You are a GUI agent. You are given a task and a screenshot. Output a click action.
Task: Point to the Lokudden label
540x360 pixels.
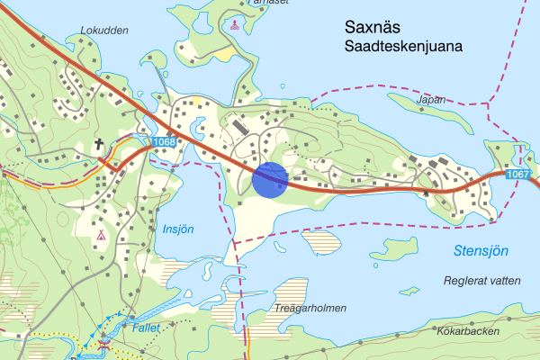coord(104,30)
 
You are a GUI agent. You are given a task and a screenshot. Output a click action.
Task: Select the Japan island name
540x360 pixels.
coord(432,100)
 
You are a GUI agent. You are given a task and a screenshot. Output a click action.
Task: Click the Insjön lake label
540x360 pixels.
coord(178,229)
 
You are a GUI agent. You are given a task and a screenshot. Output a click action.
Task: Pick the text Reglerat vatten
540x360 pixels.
coord(482,281)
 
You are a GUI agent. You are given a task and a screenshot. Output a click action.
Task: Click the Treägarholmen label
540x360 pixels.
coord(310,308)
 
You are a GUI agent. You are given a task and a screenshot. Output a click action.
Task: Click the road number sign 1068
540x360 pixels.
coord(163,141)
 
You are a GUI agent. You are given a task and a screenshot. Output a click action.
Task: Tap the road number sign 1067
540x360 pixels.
coord(517,174)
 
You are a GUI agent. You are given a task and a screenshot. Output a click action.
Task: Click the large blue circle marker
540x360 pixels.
coord(270,179)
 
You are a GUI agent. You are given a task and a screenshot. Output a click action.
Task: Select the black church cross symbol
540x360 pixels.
coord(98,143)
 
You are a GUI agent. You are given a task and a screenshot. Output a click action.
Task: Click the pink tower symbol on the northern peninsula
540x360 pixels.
coord(235,24)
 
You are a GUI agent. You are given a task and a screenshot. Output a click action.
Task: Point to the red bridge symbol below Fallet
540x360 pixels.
coord(105,344)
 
